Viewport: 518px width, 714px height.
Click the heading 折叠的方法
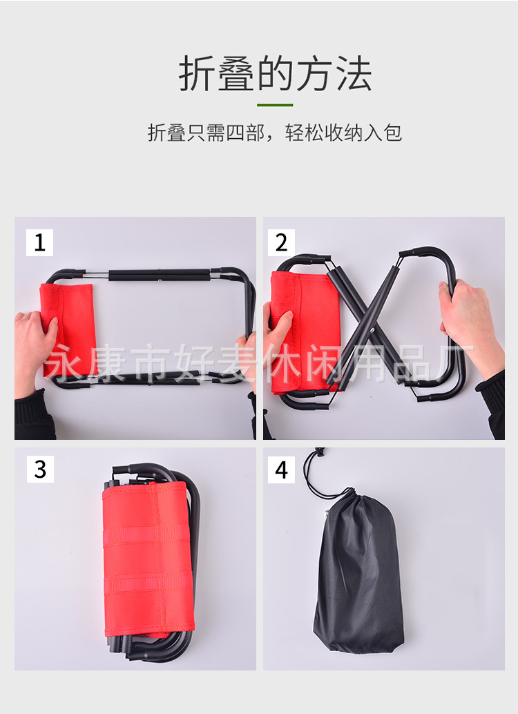(275, 75)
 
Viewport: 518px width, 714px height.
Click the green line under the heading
(275, 105)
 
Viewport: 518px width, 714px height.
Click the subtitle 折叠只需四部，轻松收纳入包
(275, 132)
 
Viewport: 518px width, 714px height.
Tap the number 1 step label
(39, 242)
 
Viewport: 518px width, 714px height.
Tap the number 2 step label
(281, 242)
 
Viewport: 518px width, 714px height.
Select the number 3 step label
(39, 469)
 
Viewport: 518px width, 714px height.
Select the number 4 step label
(281, 469)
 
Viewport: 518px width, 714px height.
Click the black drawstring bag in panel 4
(358, 573)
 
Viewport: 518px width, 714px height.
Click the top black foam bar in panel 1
(159, 275)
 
